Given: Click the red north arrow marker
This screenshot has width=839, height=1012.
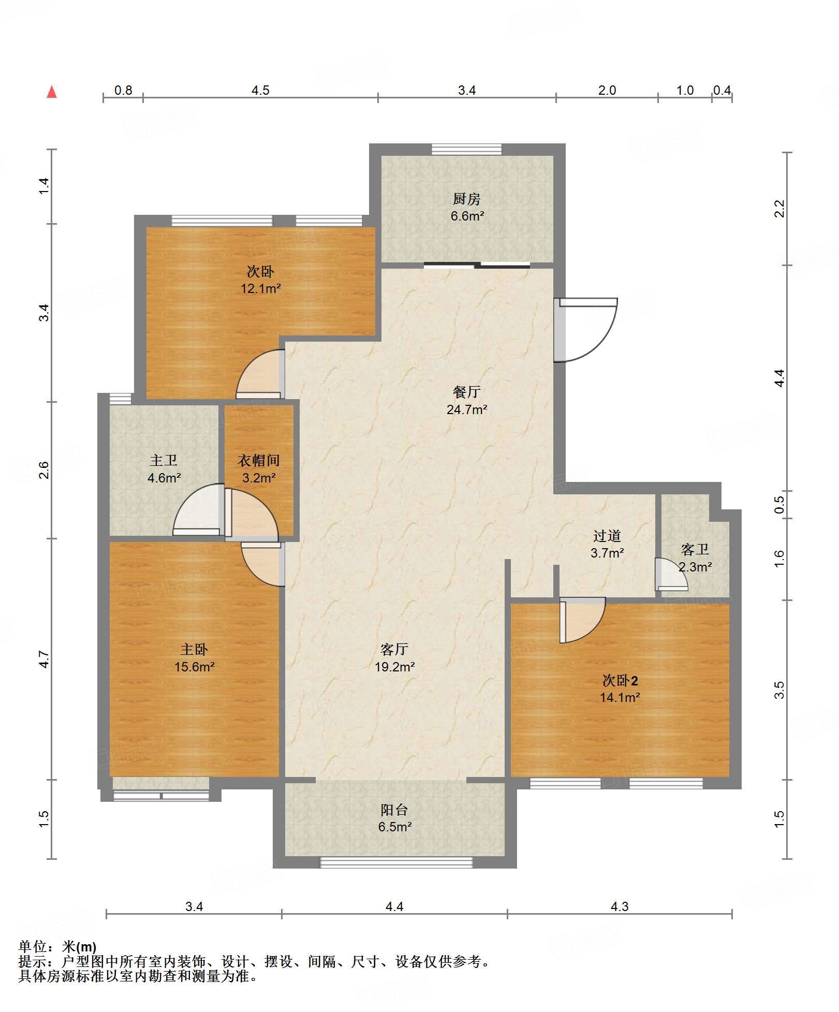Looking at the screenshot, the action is (x=52, y=92).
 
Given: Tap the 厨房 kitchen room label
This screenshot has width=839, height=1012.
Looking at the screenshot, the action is (x=466, y=199).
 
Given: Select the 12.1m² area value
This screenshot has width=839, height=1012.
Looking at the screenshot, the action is (x=260, y=288).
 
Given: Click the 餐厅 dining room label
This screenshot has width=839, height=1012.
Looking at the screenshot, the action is (x=467, y=392).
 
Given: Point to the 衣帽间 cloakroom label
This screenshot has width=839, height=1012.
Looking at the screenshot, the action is (x=259, y=460).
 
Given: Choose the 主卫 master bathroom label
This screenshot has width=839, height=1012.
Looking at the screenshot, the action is (x=164, y=460).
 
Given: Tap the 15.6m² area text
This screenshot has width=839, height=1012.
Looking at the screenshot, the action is (x=194, y=667).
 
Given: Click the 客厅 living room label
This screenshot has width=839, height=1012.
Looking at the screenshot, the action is (x=394, y=649).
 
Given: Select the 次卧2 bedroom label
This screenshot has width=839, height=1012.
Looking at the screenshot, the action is (x=620, y=680).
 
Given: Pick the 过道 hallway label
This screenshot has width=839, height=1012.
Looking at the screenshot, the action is (x=607, y=535).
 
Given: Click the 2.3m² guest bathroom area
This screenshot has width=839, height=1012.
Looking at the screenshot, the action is (x=695, y=567).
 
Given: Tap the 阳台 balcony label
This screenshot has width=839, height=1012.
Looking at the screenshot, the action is (x=394, y=810).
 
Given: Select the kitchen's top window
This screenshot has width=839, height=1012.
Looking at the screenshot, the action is (x=467, y=150).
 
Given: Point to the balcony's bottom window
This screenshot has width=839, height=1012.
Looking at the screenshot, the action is (x=396, y=862).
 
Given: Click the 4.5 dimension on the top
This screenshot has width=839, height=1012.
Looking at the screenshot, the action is (x=260, y=90).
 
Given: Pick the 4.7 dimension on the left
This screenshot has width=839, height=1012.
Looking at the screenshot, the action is (x=44, y=659).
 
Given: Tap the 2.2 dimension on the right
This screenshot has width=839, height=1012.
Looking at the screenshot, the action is (x=779, y=209).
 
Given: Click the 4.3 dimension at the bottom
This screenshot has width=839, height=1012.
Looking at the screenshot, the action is (x=620, y=906).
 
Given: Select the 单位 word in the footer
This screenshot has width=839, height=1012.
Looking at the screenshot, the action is (x=33, y=947).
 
